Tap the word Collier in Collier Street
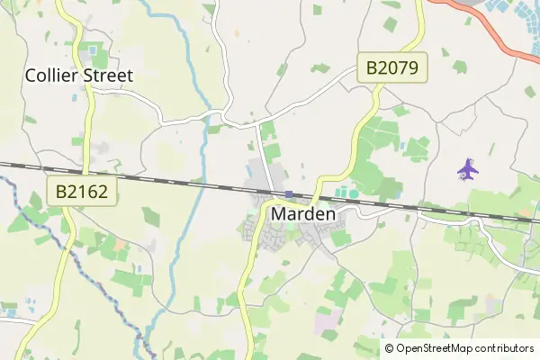point(54,76)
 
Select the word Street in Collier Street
point(108,76)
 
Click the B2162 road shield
point(82,191)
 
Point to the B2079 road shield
point(392,67)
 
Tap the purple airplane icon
point(466,168)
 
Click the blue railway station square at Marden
point(289,193)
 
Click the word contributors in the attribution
point(507,348)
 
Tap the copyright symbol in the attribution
point(390,348)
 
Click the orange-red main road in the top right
point(486,27)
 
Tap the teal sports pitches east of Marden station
point(346,192)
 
